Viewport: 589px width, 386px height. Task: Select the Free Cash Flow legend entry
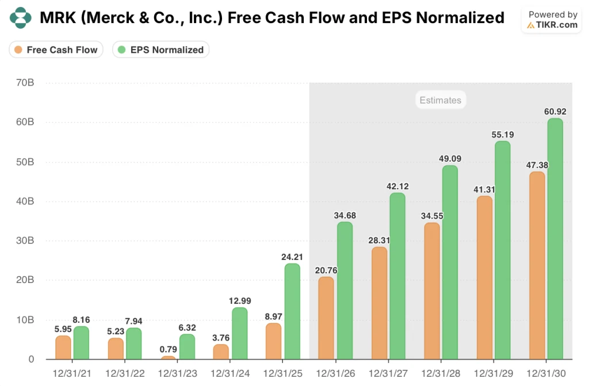click(x=56, y=49)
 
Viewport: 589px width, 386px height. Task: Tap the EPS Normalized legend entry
click(x=160, y=49)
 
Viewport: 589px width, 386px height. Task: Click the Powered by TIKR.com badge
click(x=552, y=20)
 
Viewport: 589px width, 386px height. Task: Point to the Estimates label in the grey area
click(x=440, y=100)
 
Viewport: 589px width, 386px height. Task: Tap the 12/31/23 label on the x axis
click(x=178, y=373)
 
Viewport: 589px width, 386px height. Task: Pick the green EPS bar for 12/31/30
click(x=555, y=239)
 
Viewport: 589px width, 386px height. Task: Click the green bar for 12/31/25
click(x=292, y=311)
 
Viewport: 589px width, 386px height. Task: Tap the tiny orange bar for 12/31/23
click(x=169, y=357)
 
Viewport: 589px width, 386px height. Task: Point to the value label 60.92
click(x=554, y=111)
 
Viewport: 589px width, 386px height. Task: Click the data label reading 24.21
click(x=292, y=257)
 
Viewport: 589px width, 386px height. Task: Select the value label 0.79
click(x=168, y=349)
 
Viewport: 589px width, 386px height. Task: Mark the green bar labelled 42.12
click(x=397, y=276)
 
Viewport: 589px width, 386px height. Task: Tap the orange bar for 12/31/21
click(x=63, y=347)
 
